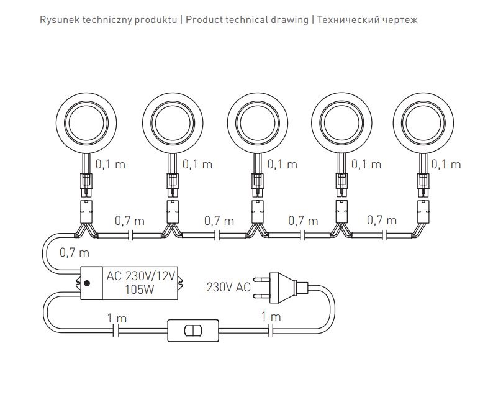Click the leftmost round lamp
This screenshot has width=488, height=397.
[x=86, y=123]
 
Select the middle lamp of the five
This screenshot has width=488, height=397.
[x=258, y=123]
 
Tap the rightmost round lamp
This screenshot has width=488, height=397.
[x=423, y=123]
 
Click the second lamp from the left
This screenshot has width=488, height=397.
[x=173, y=123]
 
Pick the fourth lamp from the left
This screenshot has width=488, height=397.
[x=341, y=123]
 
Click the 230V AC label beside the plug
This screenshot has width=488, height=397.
[x=228, y=287]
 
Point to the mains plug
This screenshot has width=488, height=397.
[x=281, y=288]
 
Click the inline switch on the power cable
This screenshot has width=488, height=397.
[x=193, y=331]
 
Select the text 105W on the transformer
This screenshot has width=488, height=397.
[x=140, y=290]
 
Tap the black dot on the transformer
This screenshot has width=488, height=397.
[x=88, y=283]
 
